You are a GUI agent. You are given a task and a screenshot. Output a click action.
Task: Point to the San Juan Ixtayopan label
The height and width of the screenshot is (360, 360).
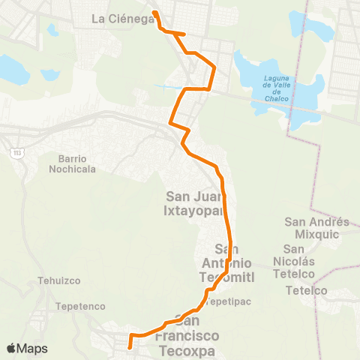pos(194,203)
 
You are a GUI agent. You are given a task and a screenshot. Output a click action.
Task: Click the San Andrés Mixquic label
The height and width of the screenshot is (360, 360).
pos(317,227)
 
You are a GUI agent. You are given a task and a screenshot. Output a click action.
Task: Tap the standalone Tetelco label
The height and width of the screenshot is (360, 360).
pos(302,290)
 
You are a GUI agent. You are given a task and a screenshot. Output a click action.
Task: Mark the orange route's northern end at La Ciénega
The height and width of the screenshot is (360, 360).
pos(154,13)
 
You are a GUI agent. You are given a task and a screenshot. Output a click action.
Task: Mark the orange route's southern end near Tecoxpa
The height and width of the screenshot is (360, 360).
pos(130,346)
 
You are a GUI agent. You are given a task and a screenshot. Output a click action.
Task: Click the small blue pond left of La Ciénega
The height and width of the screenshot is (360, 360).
pos(52,31)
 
